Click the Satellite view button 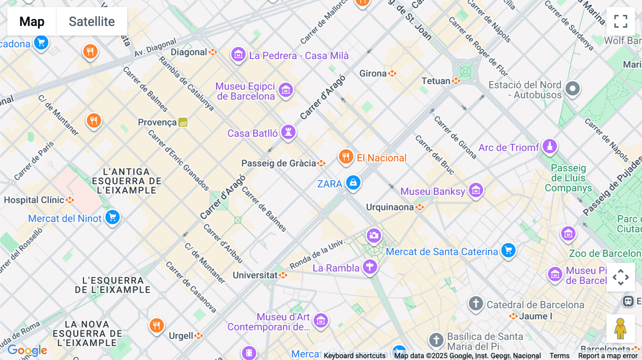click(92, 21)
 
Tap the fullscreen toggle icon click(621, 21)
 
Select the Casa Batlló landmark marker click(288, 132)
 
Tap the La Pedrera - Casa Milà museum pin click(238, 55)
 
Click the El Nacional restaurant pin click(346, 156)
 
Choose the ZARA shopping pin click(353, 183)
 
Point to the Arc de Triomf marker click(550, 146)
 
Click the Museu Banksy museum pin click(476, 191)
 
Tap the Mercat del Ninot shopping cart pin click(112, 217)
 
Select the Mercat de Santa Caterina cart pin click(508, 251)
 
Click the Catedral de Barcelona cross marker click(476, 304)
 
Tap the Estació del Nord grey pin click(572, 88)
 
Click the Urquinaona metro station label click(390, 207)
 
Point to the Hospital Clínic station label click(34, 200)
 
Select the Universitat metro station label click(255, 275)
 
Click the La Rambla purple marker click(370, 267)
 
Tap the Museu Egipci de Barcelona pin click(286, 90)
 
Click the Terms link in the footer click(559, 355)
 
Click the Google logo click(27, 350)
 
